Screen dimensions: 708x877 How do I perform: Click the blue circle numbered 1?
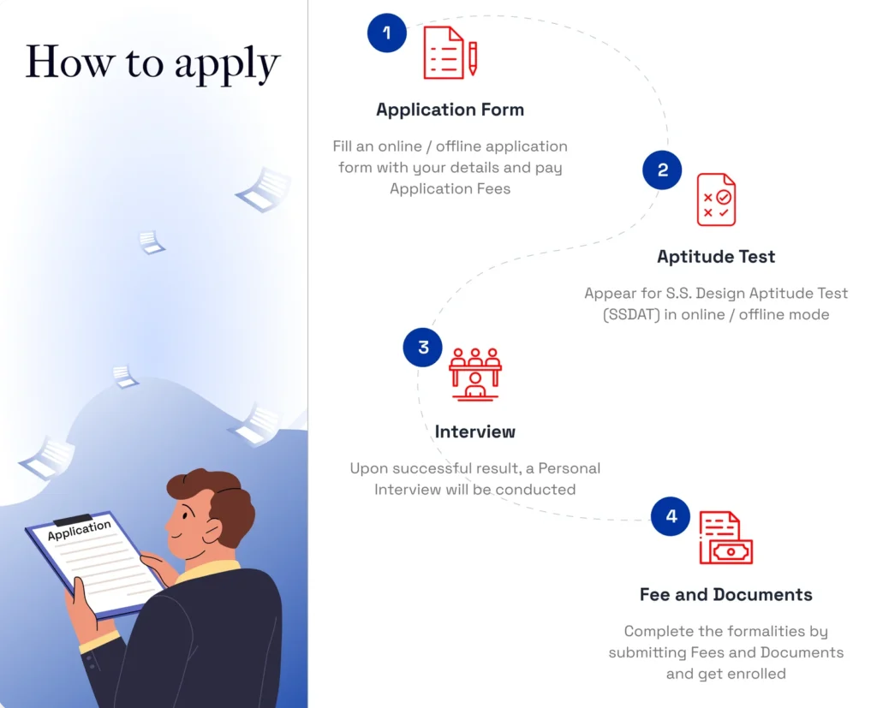[x=387, y=33]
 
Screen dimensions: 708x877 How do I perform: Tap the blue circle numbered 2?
[x=662, y=170]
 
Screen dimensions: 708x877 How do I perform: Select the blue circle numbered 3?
[x=423, y=348]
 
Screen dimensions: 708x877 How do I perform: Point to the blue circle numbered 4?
[x=671, y=516]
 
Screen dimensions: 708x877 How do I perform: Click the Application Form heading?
[x=450, y=110]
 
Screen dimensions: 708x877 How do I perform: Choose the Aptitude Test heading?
[x=716, y=256]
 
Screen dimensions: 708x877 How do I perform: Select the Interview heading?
[x=474, y=431]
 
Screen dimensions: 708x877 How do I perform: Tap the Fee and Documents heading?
[x=725, y=594]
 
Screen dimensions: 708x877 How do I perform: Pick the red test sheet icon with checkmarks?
[x=716, y=199]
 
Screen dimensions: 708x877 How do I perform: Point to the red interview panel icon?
[x=475, y=374]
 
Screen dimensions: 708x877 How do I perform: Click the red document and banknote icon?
[x=725, y=538]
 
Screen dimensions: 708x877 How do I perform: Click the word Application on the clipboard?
[x=80, y=530]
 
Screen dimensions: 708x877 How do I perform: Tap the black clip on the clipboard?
[x=72, y=521]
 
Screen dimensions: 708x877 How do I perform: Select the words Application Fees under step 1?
[x=450, y=188]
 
